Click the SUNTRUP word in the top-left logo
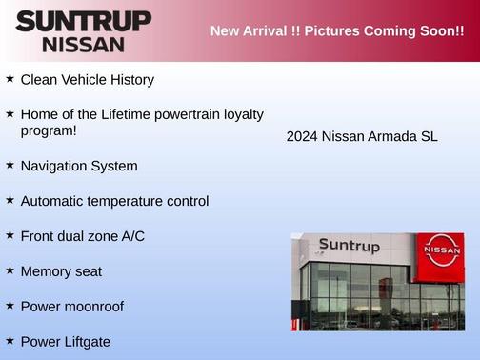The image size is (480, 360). (x=83, y=21)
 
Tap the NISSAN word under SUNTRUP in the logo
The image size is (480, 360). (x=83, y=44)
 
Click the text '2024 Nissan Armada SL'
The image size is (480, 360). (x=361, y=136)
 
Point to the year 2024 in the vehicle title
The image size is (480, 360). (x=302, y=136)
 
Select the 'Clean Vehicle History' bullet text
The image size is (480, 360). (x=87, y=80)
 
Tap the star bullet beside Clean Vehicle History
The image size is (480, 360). (x=10, y=78)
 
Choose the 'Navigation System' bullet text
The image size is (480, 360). (x=79, y=166)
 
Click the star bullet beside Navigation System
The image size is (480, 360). (x=10, y=164)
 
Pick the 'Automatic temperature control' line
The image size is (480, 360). (x=114, y=201)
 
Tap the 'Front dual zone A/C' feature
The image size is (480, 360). (x=83, y=235)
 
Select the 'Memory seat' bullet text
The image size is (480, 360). (x=61, y=271)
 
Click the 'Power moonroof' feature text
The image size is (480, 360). (x=72, y=307)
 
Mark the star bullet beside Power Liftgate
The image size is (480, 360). (x=10, y=339)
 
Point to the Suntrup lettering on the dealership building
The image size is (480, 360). (x=349, y=246)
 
